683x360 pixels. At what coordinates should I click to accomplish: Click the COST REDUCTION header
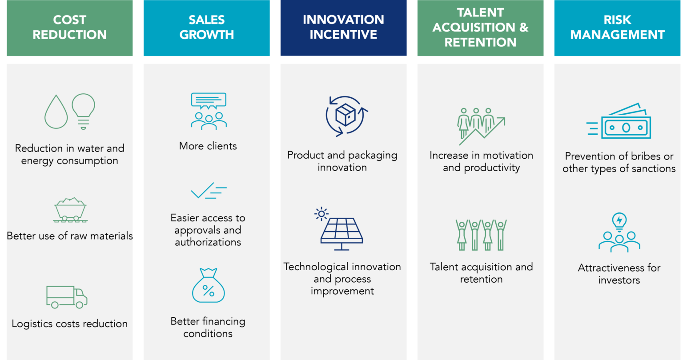[69, 28]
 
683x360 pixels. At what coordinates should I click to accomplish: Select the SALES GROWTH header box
[206, 28]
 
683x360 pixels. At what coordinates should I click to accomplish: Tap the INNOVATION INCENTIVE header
[343, 28]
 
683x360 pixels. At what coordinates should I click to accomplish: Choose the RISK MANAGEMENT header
[618, 28]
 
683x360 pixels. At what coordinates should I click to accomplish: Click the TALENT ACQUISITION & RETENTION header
[480, 28]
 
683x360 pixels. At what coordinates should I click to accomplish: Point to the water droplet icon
[56, 112]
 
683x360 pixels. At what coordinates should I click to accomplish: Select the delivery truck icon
[67, 297]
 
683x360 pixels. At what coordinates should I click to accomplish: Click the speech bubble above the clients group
[209, 100]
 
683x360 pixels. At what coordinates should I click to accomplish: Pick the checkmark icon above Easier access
[208, 191]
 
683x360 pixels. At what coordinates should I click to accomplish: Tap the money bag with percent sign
[208, 286]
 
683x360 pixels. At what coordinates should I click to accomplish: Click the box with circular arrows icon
[346, 116]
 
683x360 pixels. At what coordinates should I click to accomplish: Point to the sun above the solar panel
[321, 214]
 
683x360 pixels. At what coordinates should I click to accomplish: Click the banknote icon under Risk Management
[623, 124]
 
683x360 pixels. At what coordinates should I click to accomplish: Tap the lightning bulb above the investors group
[619, 221]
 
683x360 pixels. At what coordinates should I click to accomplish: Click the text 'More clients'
[208, 146]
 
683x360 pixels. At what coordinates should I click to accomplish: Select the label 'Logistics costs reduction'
[70, 324]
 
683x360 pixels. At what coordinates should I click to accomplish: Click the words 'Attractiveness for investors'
[619, 274]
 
